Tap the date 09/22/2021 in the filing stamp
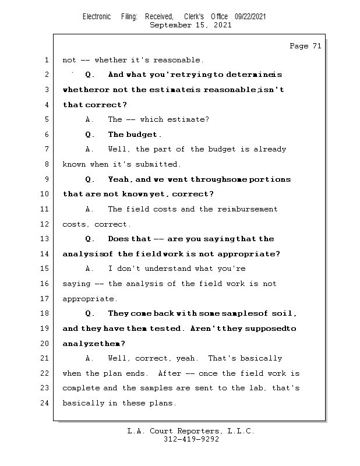tap(250, 17)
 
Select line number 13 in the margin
tap(47, 239)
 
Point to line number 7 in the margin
tap(47, 150)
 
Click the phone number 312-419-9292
tap(191, 439)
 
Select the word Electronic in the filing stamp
tap(97, 17)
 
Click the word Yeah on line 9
tap(120, 179)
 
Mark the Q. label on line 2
tap(89, 75)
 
